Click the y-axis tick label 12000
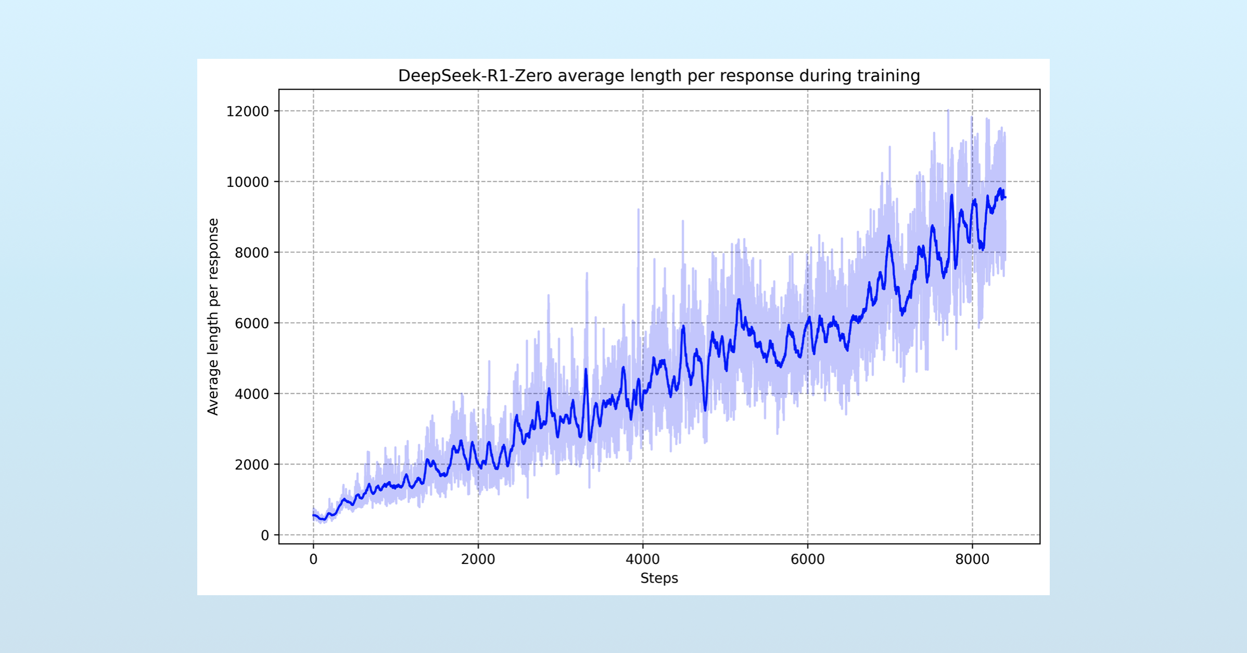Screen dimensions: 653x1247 247,111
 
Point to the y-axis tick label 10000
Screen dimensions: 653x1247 247,182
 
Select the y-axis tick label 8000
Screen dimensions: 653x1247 251,253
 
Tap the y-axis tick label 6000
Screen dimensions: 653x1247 251,323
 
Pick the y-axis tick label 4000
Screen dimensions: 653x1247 251,394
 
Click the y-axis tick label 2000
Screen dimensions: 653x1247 251,465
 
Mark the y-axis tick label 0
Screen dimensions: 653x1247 265,535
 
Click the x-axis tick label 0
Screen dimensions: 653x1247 313,560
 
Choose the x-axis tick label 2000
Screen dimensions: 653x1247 478,560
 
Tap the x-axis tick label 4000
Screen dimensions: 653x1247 643,560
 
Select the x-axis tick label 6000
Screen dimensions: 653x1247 807,560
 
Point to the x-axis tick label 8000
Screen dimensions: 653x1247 972,560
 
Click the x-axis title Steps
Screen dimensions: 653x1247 659,579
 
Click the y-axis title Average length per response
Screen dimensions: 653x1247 213,317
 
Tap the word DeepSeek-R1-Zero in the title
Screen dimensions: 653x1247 475,76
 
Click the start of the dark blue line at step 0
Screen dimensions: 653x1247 313,516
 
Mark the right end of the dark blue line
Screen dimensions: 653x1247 1005,197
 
